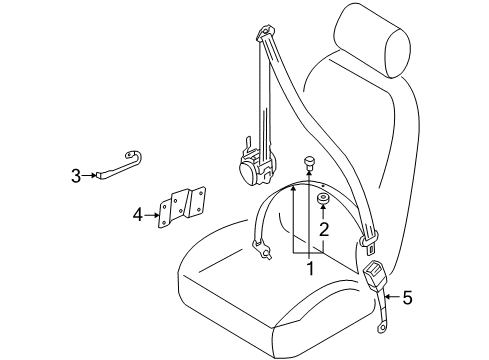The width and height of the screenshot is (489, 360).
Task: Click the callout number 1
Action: tap(310, 269)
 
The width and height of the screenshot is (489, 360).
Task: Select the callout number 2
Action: tap(324, 229)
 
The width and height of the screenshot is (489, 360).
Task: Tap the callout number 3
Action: tap(76, 176)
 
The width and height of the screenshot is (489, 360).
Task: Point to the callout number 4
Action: tap(138, 215)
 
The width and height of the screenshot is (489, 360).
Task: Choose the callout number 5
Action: tap(407, 297)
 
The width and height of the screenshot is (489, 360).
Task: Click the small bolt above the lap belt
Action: tap(309, 164)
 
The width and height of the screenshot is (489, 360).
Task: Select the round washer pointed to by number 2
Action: tap(323, 199)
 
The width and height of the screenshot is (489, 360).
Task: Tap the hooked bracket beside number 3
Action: tap(119, 166)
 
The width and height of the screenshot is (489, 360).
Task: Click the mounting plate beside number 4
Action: tap(182, 207)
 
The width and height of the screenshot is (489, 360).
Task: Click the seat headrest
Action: tap(372, 41)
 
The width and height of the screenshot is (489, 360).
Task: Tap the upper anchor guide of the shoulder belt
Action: tap(266, 32)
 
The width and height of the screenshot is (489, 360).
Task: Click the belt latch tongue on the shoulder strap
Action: tap(369, 241)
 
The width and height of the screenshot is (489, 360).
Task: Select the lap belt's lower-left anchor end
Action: tap(261, 249)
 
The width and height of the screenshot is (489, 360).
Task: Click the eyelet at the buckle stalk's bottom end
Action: tap(381, 328)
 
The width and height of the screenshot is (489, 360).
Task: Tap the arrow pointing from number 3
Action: tap(90, 175)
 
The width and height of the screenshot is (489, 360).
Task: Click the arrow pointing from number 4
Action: tap(152, 215)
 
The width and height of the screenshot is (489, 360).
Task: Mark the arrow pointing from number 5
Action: tap(392, 296)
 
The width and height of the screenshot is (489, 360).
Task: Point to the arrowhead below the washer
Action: tap(322, 207)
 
